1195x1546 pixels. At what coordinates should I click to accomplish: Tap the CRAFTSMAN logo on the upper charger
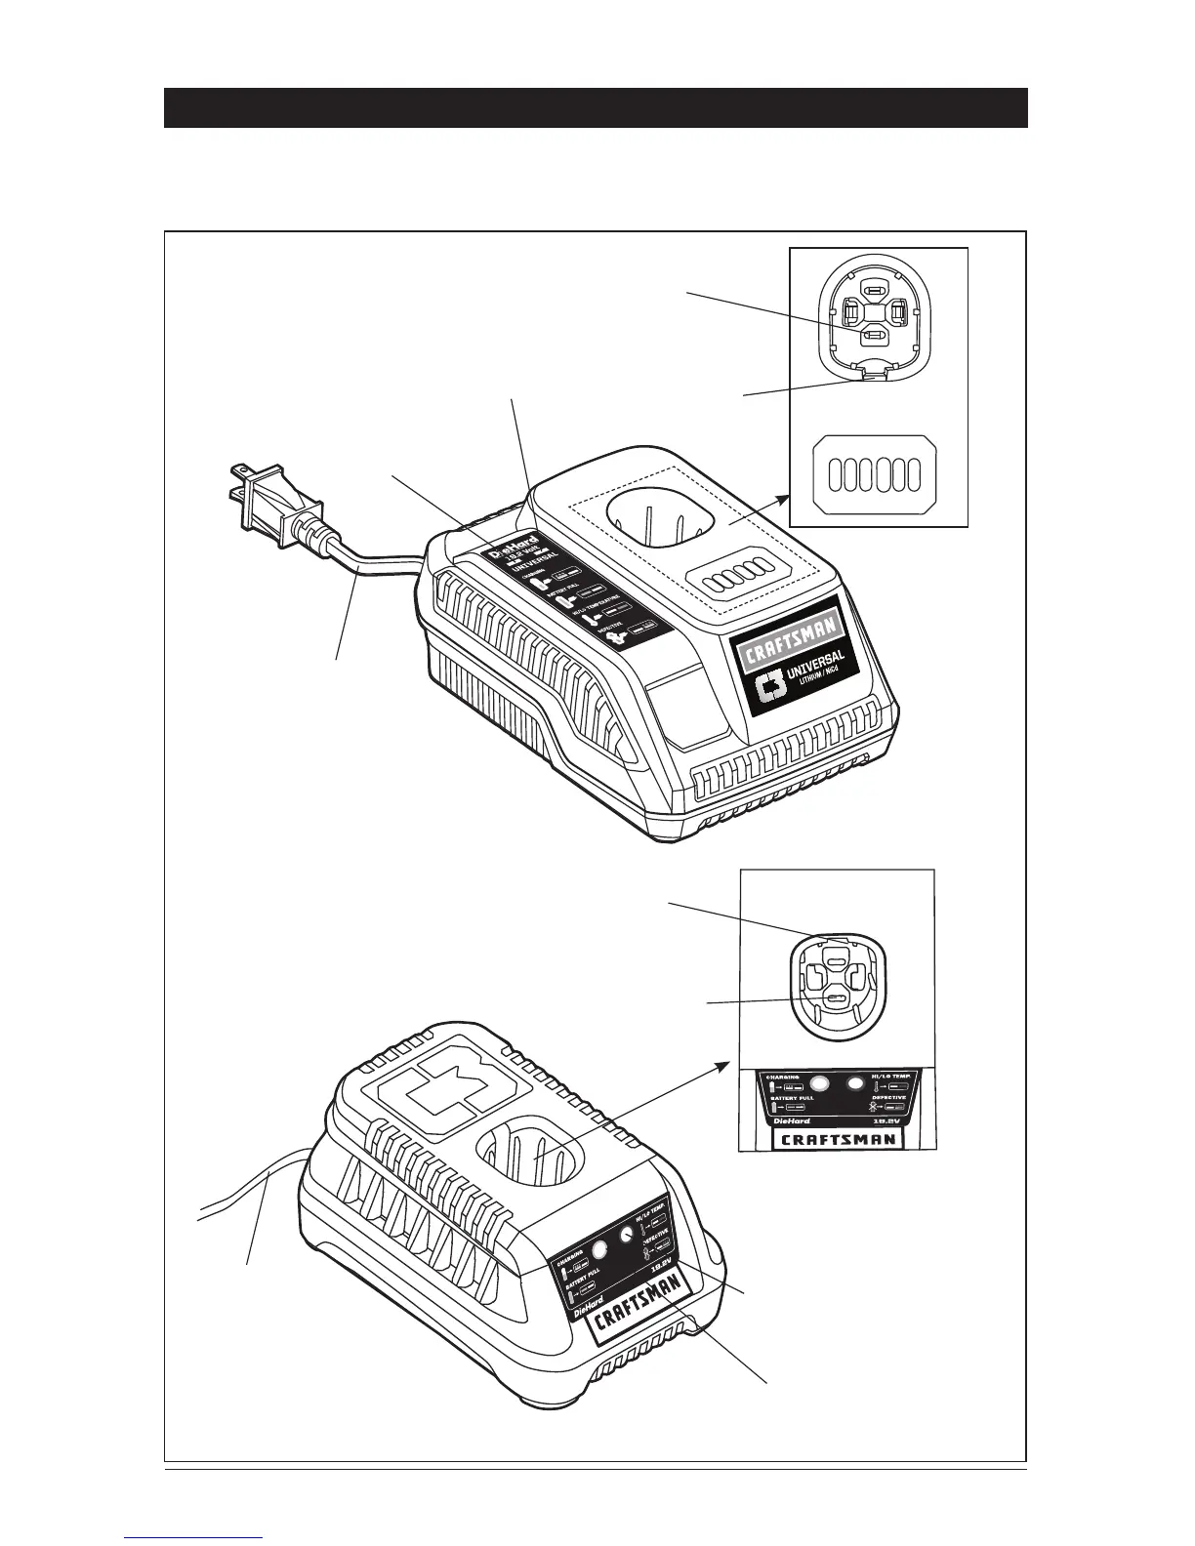[793, 646]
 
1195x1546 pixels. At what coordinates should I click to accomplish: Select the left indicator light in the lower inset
[820, 1083]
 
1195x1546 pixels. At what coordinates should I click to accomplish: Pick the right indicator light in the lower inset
[857, 1083]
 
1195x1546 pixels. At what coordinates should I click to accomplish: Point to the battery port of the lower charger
[532, 1151]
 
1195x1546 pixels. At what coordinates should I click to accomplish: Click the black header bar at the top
[596, 107]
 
